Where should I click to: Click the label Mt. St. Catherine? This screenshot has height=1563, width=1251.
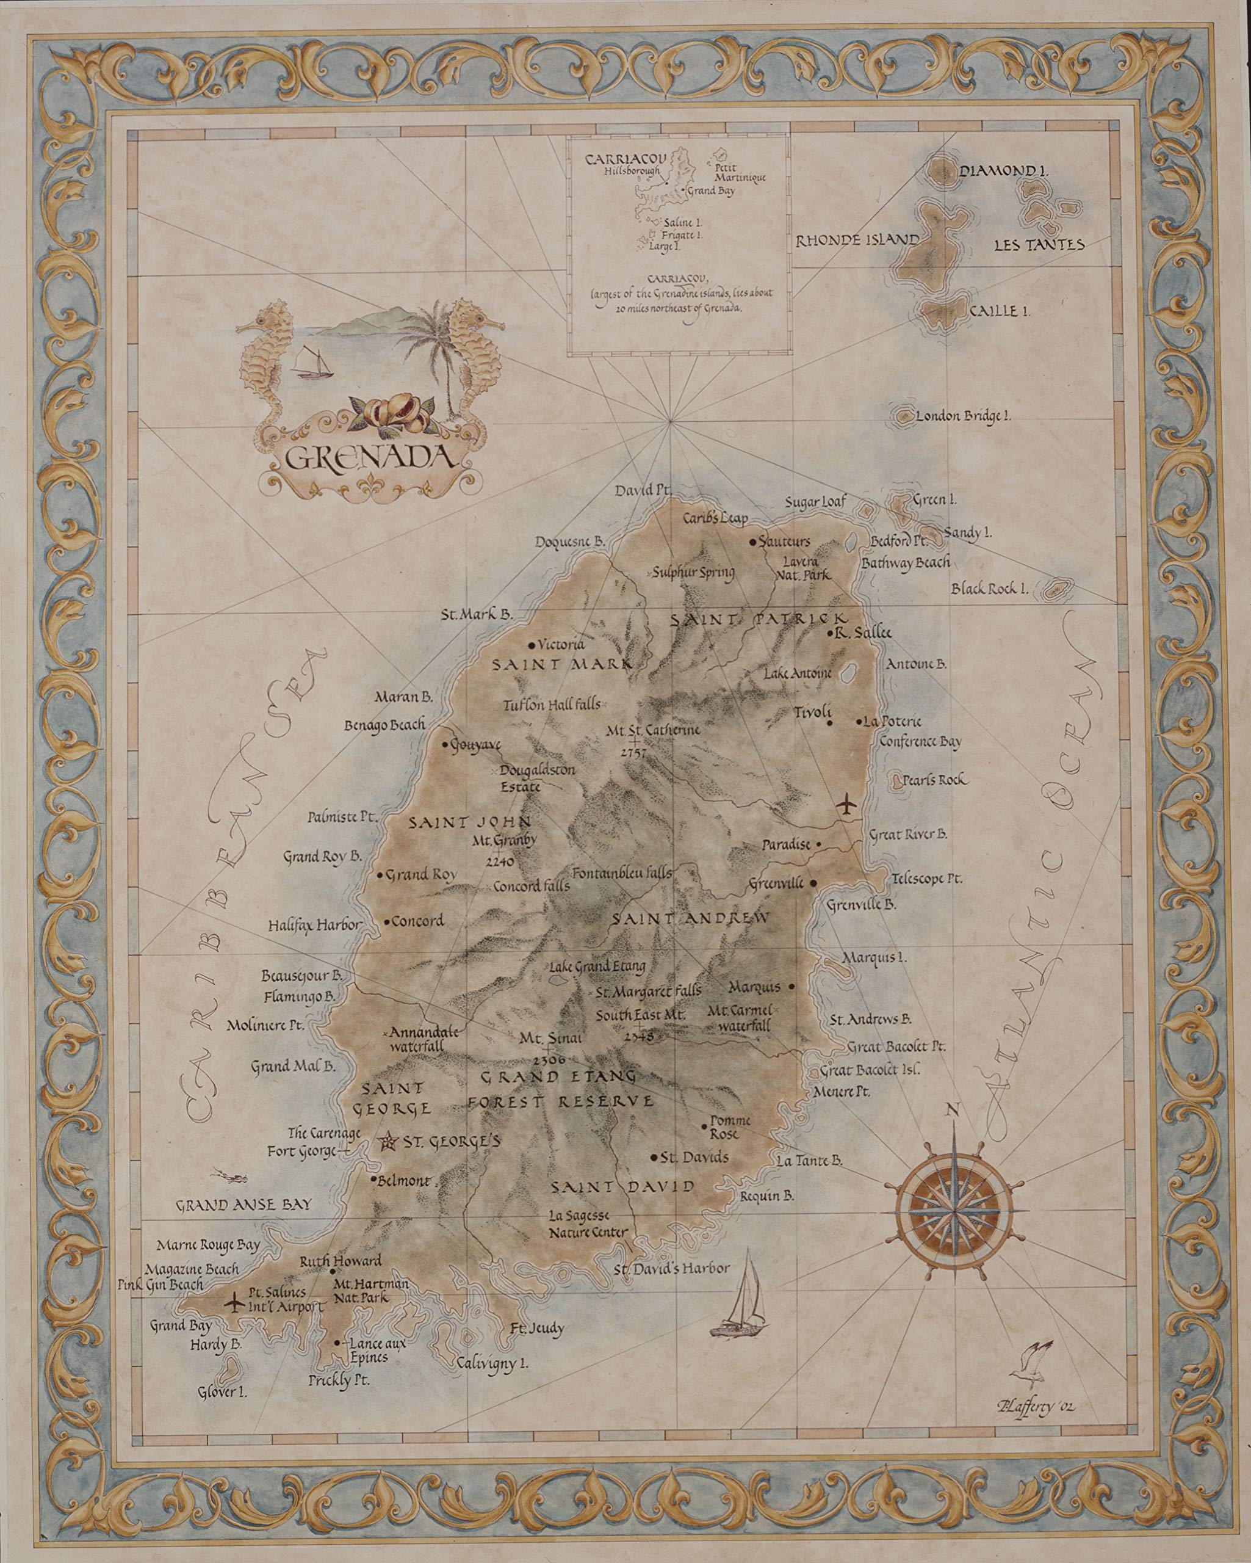click(x=654, y=730)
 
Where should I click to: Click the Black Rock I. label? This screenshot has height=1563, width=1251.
click(x=989, y=589)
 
